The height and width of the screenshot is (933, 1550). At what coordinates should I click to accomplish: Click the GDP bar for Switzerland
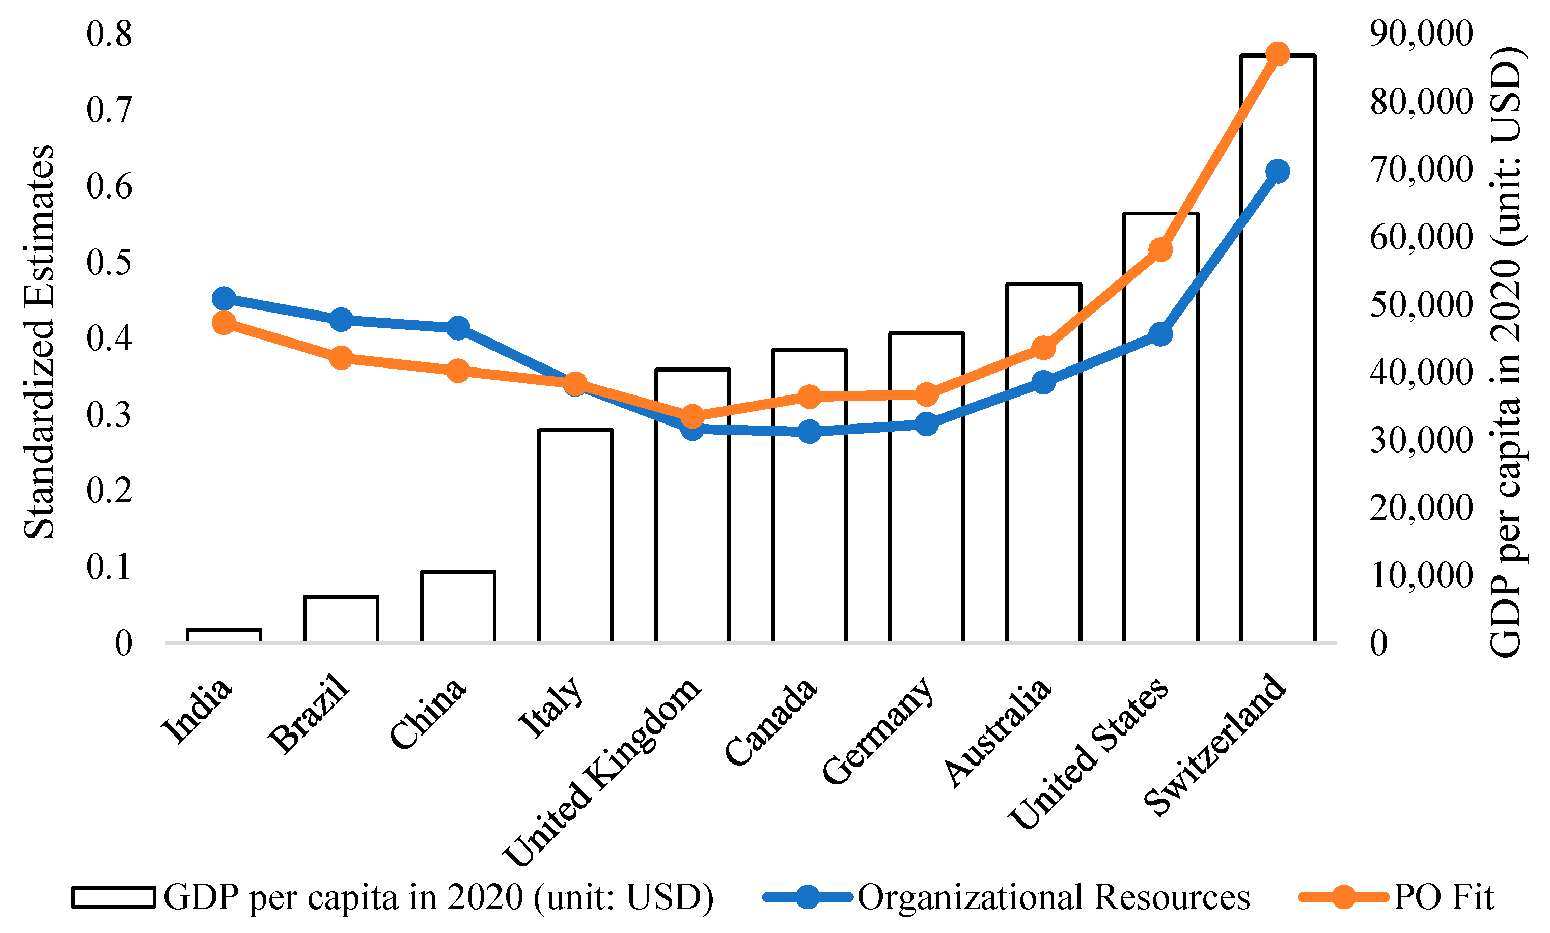pyautogui.click(x=1277, y=377)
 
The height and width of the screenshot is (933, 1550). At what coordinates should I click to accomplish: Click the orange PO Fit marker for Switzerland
pyautogui.click(x=1277, y=54)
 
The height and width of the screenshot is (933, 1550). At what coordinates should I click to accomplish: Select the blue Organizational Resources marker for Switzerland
pyautogui.click(x=1277, y=171)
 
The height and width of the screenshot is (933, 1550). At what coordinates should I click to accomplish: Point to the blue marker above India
pyautogui.click(x=224, y=299)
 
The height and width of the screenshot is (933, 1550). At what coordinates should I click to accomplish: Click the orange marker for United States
pyautogui.click(x=1160, y=249)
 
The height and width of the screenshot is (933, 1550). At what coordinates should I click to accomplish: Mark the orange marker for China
pyautogui.click(x=458, y=371)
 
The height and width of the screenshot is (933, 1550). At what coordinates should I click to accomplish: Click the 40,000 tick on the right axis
pyautogui.click(x=1421, y=372)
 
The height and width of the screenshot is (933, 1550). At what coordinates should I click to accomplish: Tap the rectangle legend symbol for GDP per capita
pyautogui.click(x=113, y=897)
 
